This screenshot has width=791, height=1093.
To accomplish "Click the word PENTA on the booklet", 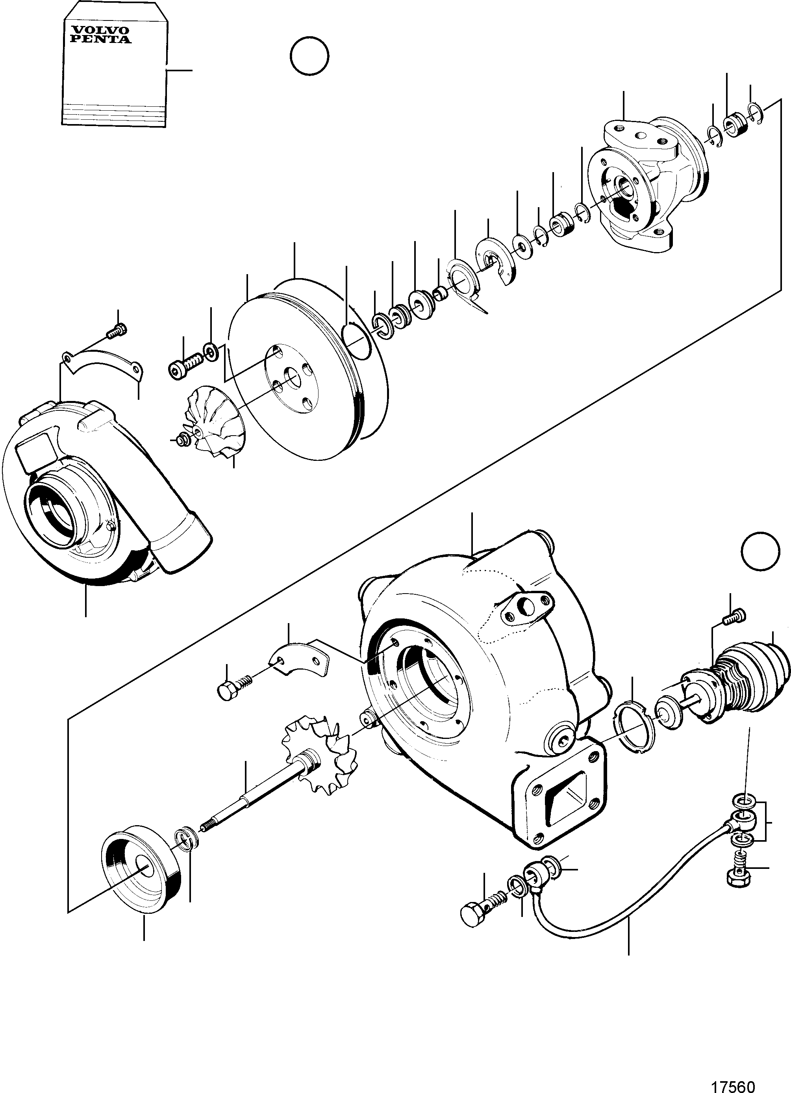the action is pos(100,39).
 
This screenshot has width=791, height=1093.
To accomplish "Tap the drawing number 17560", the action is pos(734,1084).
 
